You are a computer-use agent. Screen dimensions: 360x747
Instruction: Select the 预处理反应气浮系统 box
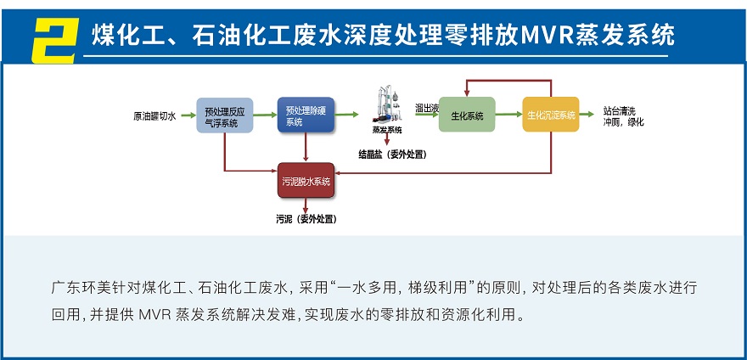(225, 115)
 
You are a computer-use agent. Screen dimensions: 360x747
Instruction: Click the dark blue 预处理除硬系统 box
(305, 115)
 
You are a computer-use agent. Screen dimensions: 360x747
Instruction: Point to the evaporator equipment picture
(386, 105)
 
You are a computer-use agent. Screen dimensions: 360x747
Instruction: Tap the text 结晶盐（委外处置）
(392, 154)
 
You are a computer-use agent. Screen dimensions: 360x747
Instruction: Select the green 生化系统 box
(467, 115)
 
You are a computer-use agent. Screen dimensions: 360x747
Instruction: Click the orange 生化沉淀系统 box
(550, 115)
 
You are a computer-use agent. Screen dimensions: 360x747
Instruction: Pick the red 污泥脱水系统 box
(306, 181)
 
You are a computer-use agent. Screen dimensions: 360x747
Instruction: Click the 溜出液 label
(426, 108)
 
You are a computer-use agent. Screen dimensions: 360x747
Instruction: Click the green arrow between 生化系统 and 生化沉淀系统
(508, 115)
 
